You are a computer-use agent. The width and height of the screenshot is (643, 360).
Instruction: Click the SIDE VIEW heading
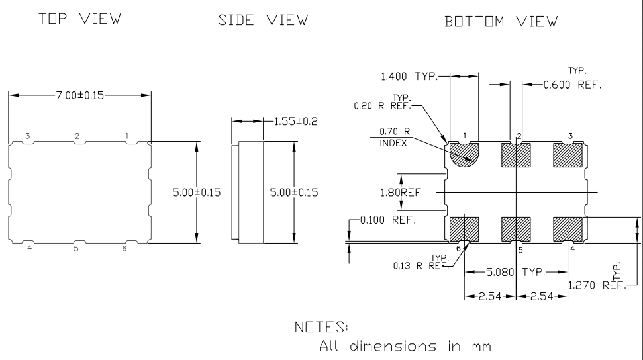(263, 21)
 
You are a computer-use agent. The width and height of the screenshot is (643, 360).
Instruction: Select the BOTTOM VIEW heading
(501, 22)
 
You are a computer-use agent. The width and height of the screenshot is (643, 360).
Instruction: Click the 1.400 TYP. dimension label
(409, 77)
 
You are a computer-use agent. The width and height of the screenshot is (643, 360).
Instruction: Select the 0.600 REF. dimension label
(571, 85)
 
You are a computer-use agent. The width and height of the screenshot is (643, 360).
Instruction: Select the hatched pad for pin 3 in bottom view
(568, 156)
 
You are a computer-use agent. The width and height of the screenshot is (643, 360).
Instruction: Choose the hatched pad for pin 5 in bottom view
(516, 228)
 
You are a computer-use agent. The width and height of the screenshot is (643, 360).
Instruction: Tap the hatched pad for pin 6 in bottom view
(464, 228)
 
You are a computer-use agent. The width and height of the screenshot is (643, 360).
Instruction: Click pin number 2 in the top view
(77, 136)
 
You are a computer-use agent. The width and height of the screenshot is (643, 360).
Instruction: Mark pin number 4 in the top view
(28, 249)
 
